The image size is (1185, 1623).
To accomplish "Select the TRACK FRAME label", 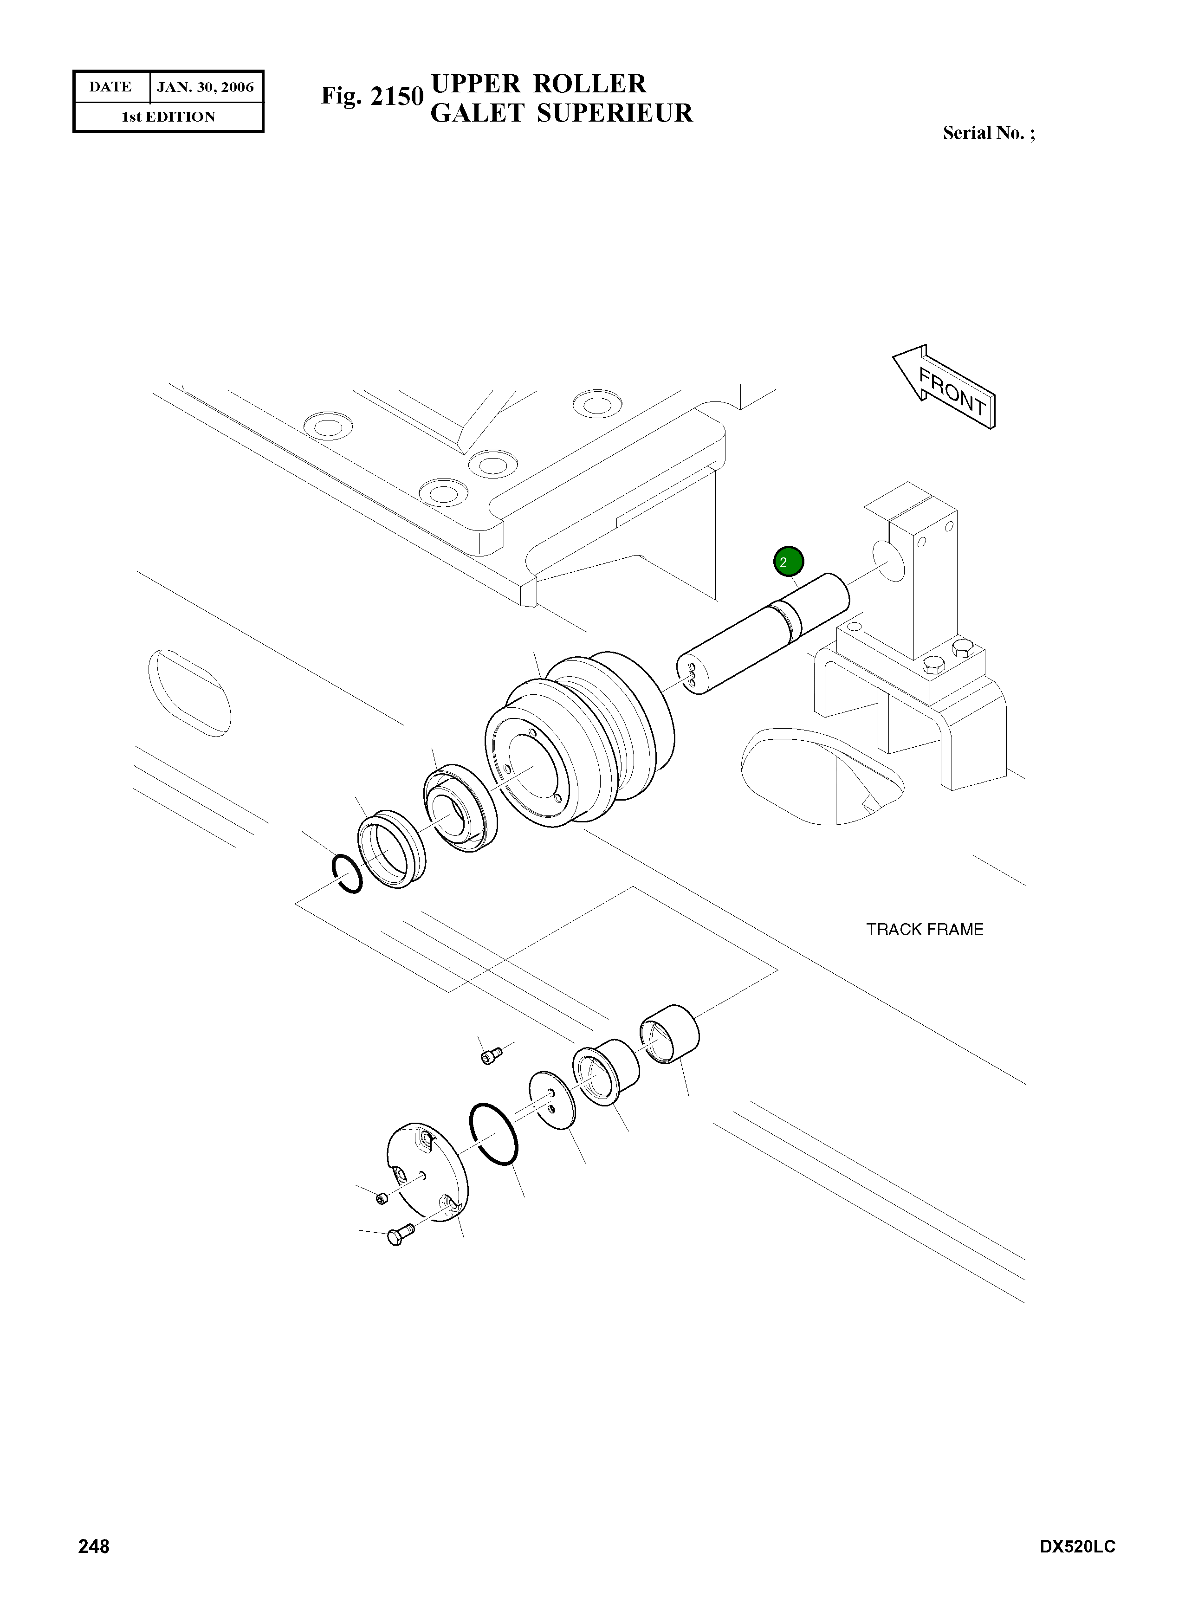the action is [x=925, y=930].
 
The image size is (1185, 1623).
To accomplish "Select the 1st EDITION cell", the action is [x=168, y=117].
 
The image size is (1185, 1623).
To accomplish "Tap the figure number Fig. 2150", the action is [x=372, y=96].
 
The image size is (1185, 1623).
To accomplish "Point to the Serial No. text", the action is [x=989, y=133].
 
